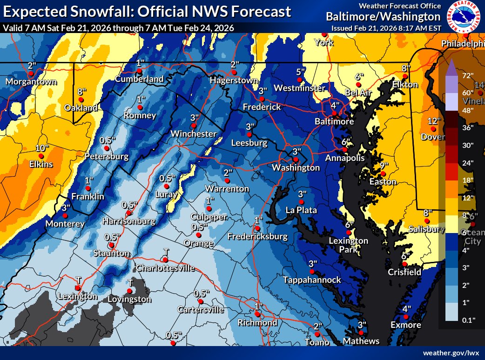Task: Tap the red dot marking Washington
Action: [x=295, y=159]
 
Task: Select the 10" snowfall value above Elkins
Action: [x=42, y=148]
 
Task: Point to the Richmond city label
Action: [x=257, y=323]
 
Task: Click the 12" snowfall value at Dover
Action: [x=433, y=121]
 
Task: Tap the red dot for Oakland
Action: [x=81, y=100]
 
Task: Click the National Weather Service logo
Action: [x=463, y=16]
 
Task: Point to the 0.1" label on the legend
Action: [x=467, y=320]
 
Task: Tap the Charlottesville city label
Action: [x=164, y=268]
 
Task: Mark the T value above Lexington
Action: [x=78, y=279]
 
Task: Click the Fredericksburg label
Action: [x=257, y=237]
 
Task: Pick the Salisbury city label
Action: [x=423, y=229]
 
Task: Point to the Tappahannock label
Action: [x=312, y=280]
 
